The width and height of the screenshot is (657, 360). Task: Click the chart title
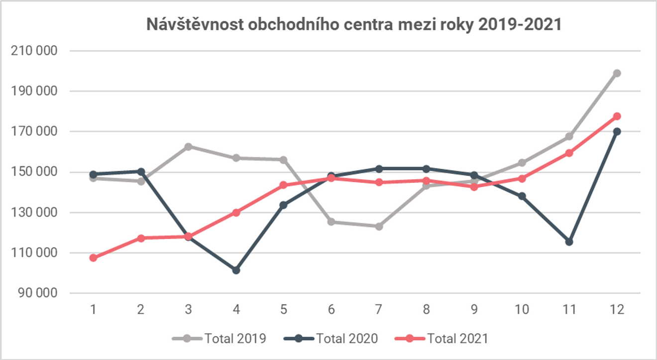pyautogui.click(x=354, y=24)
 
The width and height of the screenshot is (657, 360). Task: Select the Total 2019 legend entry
pyautogui.click(x=219, y=339)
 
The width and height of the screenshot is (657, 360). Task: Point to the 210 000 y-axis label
pyautogui.click(x=35, y=51)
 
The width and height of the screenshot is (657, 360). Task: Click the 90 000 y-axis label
pyautogui.click(x=38, y=293)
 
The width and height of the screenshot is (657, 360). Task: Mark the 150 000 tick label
pyautogui.click(x=35, y=172)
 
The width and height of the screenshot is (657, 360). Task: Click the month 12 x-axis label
pyautogui.click(x=617, y=310)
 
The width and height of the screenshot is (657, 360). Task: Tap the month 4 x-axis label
pyautogui.click(x=236, y=310)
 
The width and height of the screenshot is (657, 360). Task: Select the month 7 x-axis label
pyautogui.click(x=379, y=310)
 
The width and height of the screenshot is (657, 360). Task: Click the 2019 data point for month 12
pyautogui.click(x=617, y=73)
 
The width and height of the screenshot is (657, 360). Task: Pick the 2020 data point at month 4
pyautogui.click(x=236, y=270)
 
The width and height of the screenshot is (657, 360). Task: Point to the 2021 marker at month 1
pyautogui.click(x=93, y=258)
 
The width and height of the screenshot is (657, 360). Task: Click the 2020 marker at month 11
pyautogui.click(x=569, y=241)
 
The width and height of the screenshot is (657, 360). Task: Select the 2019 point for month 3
pyautogui.click(x=188, y=147)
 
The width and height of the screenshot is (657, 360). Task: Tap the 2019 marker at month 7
pyautogui.click(x=379, y=227)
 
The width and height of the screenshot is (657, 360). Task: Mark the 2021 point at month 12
pyautogui.click(x=617, y=117)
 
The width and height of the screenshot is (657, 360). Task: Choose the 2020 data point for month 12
pyautogui.click(x=617, y=131)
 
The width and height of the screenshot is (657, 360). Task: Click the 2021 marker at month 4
pyautogui.click(x=236, y=213)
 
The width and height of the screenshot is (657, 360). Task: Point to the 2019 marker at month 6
pyautogui.click(x=331, y=222)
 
